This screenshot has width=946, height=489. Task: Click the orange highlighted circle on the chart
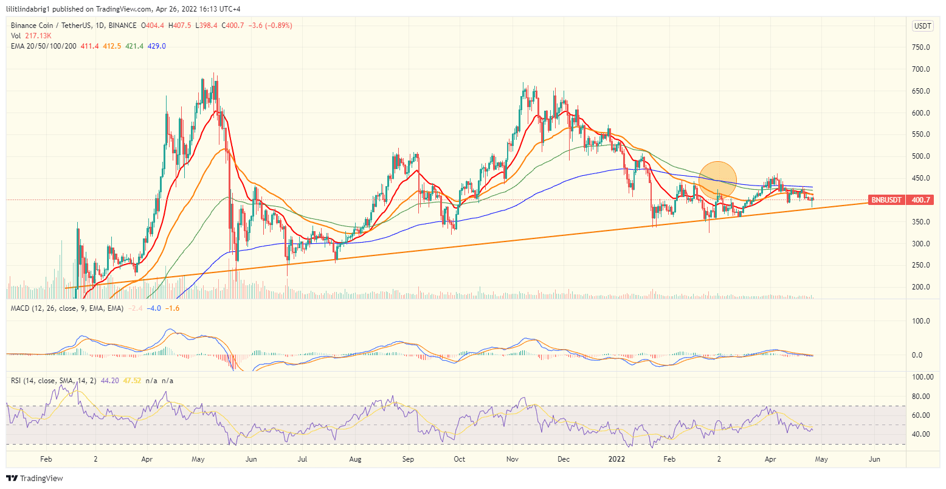pyautogui.click(x=718, y=181)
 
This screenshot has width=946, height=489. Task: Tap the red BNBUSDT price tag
pyautogui.click(x=888, y=200)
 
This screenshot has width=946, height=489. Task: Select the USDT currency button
pyautogui.click(x=923, y=26)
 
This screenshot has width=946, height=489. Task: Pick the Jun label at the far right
pyautogui.click(x=874, y=459)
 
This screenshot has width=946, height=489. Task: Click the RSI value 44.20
pyautogui.click(x=109, y=381)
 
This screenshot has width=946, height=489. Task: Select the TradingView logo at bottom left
pyautogui.click(x=35, y=478)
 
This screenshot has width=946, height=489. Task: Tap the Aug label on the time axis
pyautogui.click(x=356, y=459)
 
